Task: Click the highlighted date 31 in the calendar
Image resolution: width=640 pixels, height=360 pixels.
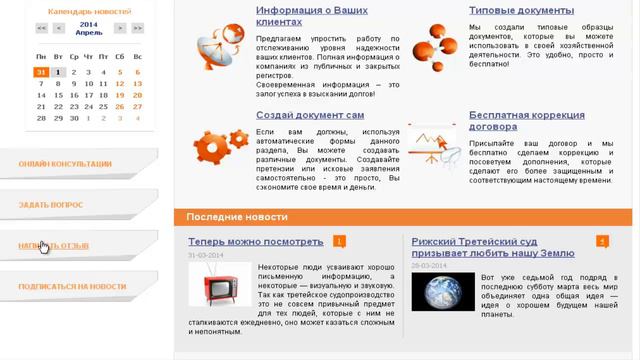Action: coord(41,72)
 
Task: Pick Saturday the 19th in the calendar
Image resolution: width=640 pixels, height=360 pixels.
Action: coord(121,95)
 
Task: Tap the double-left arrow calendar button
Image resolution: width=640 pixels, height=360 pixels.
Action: coord(41,28)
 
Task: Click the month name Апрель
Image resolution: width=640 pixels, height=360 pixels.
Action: coord(88,33)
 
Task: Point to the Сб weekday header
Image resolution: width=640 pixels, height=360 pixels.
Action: coord(121,57)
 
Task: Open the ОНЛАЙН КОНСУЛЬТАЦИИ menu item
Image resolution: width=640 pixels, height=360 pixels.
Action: coord(65,163)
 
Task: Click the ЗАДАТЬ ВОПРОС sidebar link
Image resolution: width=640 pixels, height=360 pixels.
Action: coord(51,204)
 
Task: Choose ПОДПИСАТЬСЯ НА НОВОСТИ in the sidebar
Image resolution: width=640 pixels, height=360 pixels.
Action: coord(72,286)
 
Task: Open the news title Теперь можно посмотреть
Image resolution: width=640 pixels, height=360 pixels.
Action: coord(255,241)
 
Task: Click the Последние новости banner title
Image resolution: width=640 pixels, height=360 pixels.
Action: coord(237,217)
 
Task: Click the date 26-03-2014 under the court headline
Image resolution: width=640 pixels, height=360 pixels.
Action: coord(429,265)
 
